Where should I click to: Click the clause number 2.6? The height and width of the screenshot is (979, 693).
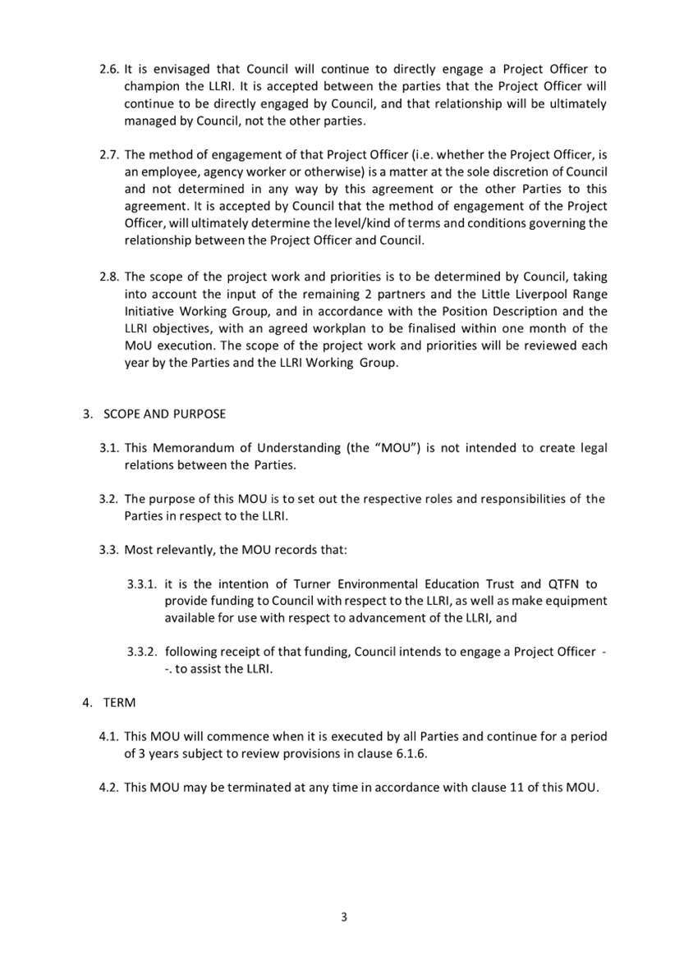(x=108, y=70)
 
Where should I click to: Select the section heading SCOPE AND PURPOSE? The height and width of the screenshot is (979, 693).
(x=164, y=414)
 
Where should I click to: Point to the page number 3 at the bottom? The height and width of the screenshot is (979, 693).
(x=345, y=917)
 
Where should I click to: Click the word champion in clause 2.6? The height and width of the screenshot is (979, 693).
(x=149, y=87)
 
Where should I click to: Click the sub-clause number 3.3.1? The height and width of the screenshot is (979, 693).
(x=144, y=583)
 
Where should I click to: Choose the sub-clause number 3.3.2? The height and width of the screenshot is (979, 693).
(x=144, y=652)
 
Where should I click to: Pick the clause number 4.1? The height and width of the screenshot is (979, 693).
(x=108, y=736)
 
